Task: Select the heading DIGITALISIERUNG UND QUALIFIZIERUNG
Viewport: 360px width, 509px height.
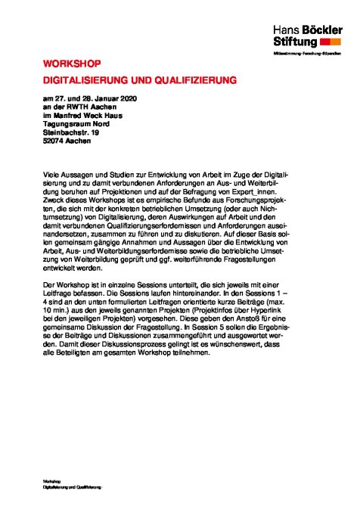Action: click(x=140, y=79)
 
